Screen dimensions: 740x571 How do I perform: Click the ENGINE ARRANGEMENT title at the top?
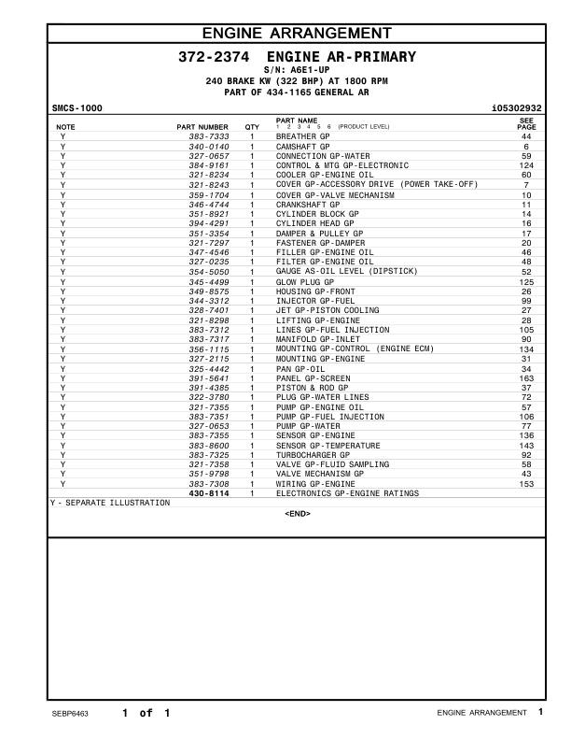point(297,35)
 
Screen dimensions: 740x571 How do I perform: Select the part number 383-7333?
point(209,137)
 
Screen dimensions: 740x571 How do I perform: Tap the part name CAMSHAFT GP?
point(302,147)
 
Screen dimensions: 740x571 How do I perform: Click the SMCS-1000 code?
point(77,108)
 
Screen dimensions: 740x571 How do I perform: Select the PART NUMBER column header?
point(202,126)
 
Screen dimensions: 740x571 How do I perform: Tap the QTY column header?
point(252,126)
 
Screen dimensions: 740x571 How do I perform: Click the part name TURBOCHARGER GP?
point(313,455)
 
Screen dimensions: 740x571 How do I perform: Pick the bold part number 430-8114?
point(209,493)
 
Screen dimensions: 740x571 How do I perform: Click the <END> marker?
point(297,514)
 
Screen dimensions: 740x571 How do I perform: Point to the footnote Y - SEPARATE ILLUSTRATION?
point(110,503)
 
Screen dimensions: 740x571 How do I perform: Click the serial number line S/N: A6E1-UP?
point(297,70)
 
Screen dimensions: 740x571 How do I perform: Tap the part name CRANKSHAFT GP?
point(306,204)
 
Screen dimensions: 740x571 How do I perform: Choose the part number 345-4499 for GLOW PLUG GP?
point(209,281)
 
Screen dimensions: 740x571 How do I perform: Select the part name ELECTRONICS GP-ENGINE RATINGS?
point(347,493)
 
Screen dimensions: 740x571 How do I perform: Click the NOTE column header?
point(66,126)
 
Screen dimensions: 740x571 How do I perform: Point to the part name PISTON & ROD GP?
point(312,388)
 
